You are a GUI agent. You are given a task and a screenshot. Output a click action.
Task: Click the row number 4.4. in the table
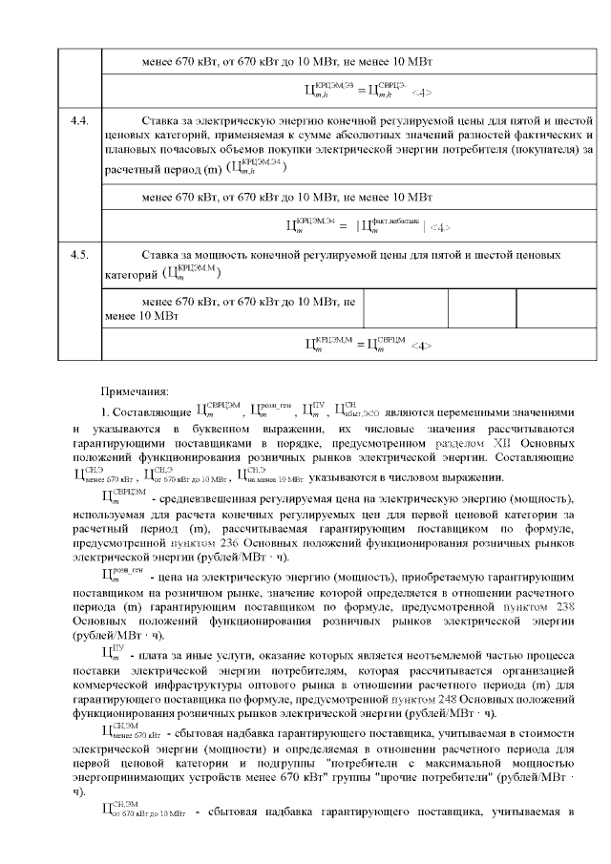click(x=79, y=122)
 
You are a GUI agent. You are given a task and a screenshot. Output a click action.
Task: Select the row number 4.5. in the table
click(x=79, y=256)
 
